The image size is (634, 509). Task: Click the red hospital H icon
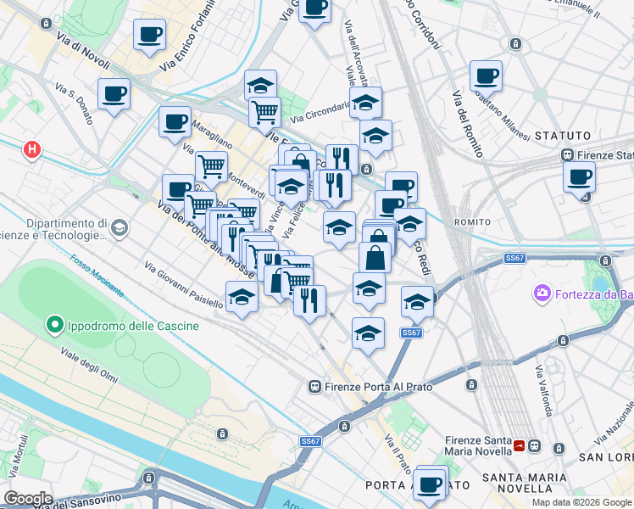click(x=32, y=149)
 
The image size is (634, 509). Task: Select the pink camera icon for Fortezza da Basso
click(x=541, y=294)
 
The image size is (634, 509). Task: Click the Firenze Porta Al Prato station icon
click(x=315, y=387)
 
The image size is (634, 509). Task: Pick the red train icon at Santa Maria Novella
click(x=535, y=445)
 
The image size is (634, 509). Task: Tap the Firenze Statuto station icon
click(x=567, y=155)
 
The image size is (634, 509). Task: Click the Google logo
click(x=29, y=498)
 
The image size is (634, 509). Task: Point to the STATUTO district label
click(x=562, y=135)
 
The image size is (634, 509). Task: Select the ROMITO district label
click(x=472, y=222)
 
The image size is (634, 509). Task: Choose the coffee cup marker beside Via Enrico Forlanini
click(x=150, y=35)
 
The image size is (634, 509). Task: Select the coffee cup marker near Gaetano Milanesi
click(x=486, y=75)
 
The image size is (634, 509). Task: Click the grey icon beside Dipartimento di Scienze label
click(x=120, y=227)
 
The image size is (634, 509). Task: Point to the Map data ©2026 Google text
click(x=581, y=501)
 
